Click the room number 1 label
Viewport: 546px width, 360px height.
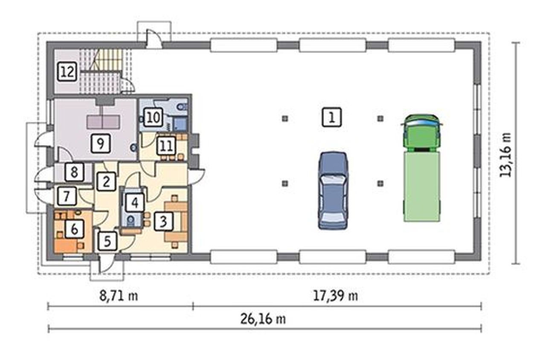click(x=331, y=117)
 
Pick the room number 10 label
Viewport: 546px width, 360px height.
click(x=154, y=117)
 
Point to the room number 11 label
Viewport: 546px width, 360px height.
click(x=167, y=146)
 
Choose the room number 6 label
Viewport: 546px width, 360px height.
click(x=75, y=229)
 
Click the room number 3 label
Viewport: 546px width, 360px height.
click(x=163, y=221)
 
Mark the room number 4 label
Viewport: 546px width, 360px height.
click(x=135, y=202)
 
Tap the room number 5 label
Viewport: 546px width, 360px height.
click(x=107, y=241)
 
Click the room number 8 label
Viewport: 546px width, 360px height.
click(x=74, y=172)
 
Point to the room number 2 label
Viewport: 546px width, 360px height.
click(x=106, y=181)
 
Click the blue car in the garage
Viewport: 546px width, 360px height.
click(x=333, y=191)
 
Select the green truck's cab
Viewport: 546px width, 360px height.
click(x=422, y=133)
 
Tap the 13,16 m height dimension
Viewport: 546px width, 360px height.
click(x=505, y=155)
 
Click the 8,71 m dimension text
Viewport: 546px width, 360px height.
click(x=119, y=296)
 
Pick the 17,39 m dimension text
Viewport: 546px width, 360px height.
click(x=335, y=296)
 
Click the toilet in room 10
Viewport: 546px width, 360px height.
click(x=181, y=107)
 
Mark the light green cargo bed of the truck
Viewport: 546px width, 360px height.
click(x=422, y=186)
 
